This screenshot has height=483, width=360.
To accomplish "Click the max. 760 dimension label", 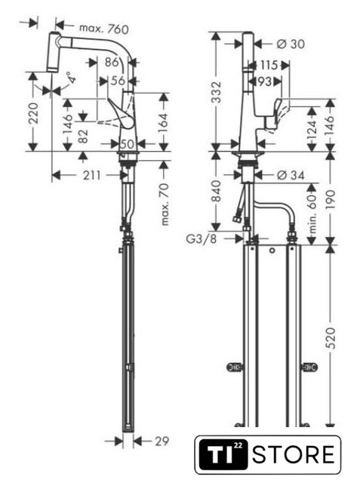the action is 104,29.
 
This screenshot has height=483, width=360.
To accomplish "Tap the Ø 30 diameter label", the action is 291,44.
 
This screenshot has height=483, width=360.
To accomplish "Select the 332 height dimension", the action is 217,92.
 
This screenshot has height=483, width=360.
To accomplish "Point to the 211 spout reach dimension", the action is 92,175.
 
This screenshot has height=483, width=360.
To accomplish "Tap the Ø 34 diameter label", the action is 291,175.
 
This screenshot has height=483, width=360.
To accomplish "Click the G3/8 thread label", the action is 202,238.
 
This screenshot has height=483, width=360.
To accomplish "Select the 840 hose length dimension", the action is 217,191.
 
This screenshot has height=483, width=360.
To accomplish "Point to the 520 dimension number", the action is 331,338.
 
